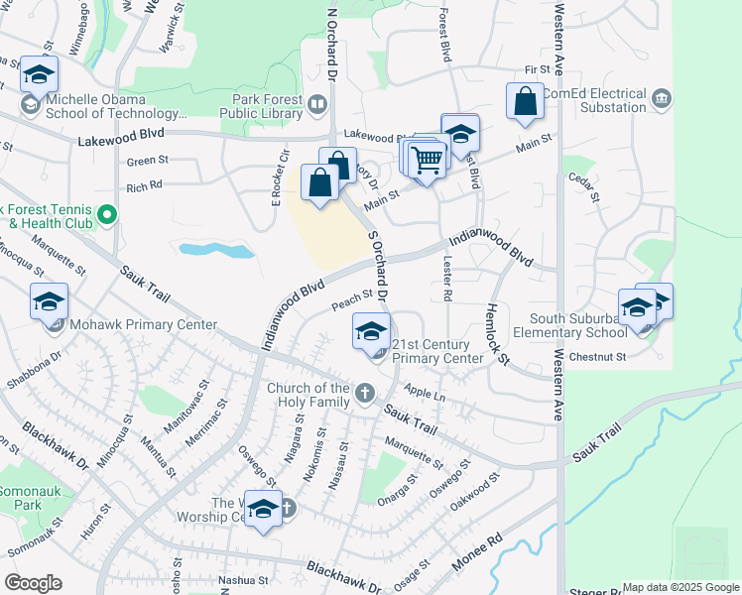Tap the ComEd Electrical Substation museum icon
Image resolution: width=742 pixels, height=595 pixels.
(663, 99)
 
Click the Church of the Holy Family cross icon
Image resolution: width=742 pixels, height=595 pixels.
(365, 394)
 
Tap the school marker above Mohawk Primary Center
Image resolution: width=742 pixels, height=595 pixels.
(49, 301)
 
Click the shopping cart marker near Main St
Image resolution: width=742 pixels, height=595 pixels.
(427, 159)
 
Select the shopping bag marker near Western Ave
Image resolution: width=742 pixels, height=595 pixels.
(525, 101)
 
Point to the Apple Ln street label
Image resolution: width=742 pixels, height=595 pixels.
(425, 396)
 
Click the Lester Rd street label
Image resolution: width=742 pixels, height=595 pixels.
(446, 289)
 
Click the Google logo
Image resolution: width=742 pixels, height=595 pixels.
(33, 582)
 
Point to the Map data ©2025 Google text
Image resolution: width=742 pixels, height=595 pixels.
(680, 587)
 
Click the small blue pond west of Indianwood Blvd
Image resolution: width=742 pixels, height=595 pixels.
(217, 250)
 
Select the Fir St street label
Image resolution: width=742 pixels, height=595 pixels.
(537, 69)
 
